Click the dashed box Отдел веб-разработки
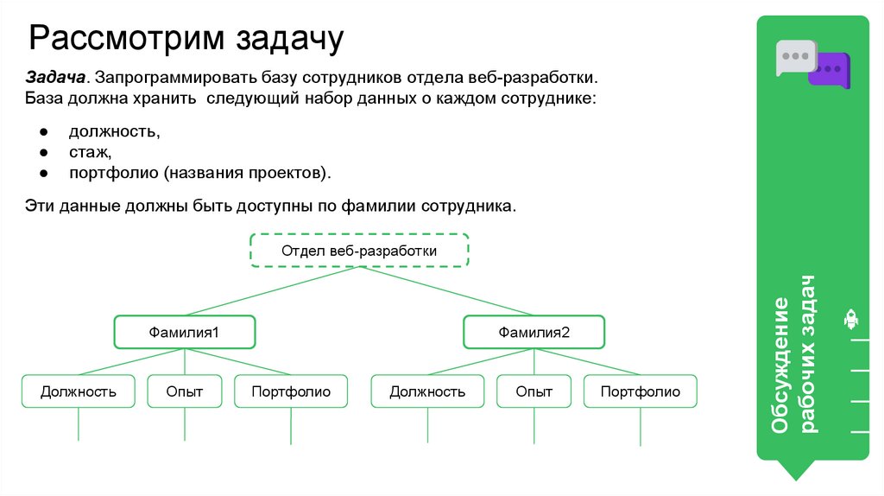pos(359,250)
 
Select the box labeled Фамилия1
pos(185,332)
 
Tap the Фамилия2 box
pos(534,332)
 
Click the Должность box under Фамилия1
pos(79,391)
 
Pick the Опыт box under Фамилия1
pos(185,391)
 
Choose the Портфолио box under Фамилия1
pos(291,391)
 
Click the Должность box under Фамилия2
pos(427,391)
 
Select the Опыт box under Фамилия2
pos(534,391)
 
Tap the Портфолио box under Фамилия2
pos(641,391)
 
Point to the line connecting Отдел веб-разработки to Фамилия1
pos(272,290)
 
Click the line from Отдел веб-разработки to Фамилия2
pos(446,290)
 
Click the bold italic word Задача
pos(55,77)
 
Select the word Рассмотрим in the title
pos(128,38)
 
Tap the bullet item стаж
pos(89,152)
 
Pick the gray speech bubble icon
pos(796,57)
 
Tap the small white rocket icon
pos(850,320)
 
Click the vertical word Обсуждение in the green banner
pos(780,366)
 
